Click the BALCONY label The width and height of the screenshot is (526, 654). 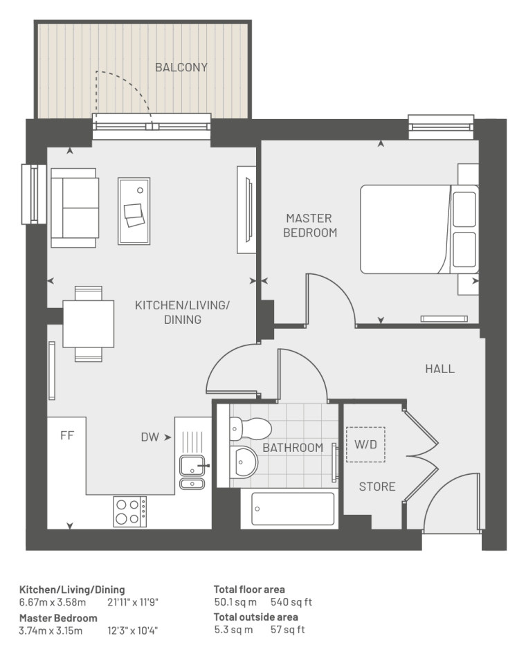pyautogui.click(x=181, y=67)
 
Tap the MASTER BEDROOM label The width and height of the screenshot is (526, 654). pyautogui.click(x=310, y=225)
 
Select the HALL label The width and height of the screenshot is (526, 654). pyautogui.click(x=439, y=369)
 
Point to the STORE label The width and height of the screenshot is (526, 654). pyautogui.click(x=377, y=487)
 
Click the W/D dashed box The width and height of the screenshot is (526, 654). pyautogui.click(x=366, y=444)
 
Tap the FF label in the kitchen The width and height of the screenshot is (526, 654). pyautogui.click(x=66, y=436)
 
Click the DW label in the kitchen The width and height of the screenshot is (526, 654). pyautogui.click(x=150, y=437)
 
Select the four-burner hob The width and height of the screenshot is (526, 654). pyautogui.click(x=129, y=511)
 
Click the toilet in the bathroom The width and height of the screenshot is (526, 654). pyautogui.click(x=249, y=429)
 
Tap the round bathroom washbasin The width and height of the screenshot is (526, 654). pyautogui.click(x=244, y=462)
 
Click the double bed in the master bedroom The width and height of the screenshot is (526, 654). pyautogui.click(x=419, y=229)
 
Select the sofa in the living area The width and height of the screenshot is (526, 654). pyautogui.click(x=75, y=208)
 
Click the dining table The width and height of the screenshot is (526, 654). pyautogui.click(x=89, y=324)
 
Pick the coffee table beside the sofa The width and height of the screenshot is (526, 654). pyautogui.click(x=134, y=211)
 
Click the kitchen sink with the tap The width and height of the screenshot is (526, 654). pyautogui.click(x=192, y=466)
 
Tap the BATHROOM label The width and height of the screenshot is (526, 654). pyautogui.click(x=293, y=448)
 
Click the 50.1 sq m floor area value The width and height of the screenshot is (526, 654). pyautogui.click(x=235, y=602)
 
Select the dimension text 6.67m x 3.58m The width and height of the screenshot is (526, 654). pyautogui.click(x=53, y=602)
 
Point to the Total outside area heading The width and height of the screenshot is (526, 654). pyautogui.click(x=255, y=617)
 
